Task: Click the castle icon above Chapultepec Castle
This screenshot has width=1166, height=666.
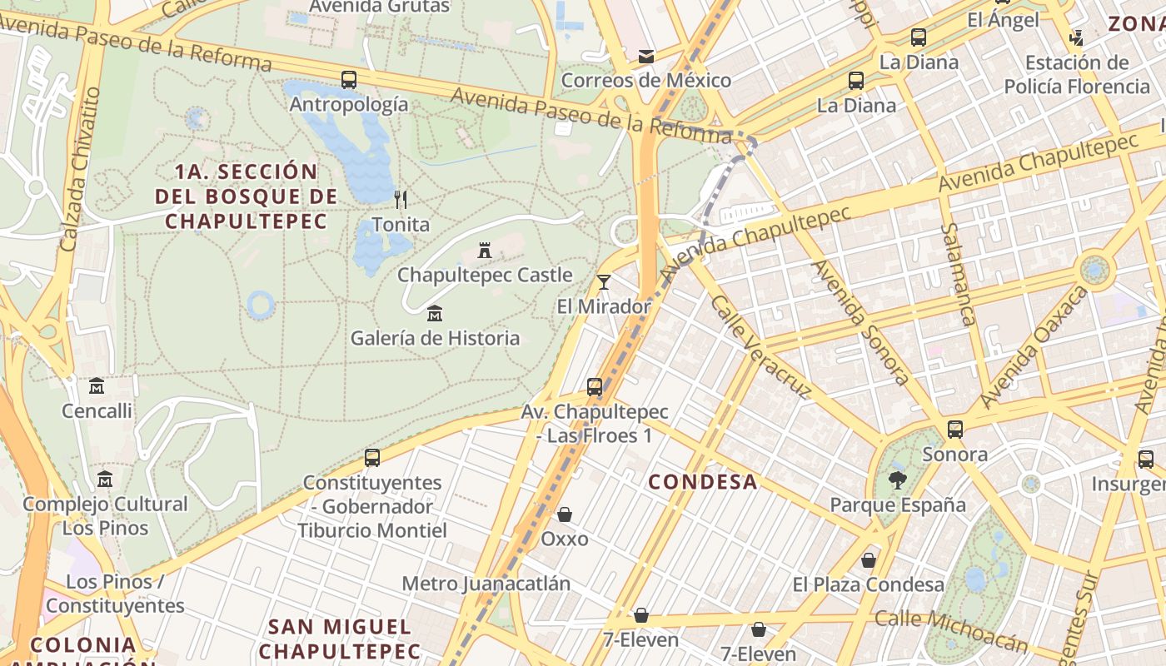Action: [484, 250]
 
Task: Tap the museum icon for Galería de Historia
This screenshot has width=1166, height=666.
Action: [434, 314]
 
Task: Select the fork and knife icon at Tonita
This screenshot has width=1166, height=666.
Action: [401, 199]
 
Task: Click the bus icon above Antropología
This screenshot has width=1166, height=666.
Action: [349, 80]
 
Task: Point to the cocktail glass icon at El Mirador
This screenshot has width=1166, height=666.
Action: [604, 282]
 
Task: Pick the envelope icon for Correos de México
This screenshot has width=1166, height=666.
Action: [645, 57]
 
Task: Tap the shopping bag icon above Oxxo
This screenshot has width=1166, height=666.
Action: [565, 514]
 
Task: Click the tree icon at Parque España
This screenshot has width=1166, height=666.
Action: [897, 480]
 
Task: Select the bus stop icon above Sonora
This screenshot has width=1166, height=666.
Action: [955, 430]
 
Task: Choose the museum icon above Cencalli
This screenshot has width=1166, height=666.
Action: [97, 386]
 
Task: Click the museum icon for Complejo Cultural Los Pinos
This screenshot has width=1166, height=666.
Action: [105, 480]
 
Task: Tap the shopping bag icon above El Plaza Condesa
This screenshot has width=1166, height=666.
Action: [869, 560]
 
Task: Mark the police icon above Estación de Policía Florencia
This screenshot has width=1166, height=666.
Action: [1076, 37]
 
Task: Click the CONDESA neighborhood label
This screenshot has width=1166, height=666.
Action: [703, 481]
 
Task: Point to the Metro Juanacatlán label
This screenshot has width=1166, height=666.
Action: [486, 583]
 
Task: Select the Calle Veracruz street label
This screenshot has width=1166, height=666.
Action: [761, 347]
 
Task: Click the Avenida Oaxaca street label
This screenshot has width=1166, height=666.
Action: [1034, 346]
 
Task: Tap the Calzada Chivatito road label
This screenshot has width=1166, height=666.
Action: [80, 169]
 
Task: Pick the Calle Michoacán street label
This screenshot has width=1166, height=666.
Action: [951, 629]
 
